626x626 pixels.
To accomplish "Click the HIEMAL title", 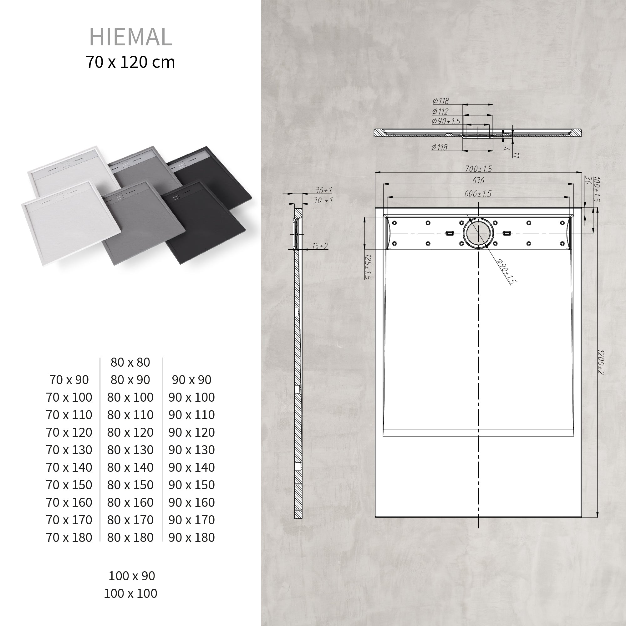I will click(130, 37).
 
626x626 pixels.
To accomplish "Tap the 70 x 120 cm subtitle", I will click(130, 62).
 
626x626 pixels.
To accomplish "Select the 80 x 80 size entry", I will click(130, 362).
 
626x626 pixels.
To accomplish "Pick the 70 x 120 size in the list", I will click(69, 432).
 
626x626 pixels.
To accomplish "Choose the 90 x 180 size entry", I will click(191, 537).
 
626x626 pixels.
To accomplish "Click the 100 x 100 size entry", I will click(130, 593).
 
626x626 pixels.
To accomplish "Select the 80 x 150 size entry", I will click(130, 485).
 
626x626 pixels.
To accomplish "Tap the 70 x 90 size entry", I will click(69, 380).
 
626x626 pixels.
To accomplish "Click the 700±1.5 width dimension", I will click(478, 169).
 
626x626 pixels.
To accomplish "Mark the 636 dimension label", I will click(478, 181).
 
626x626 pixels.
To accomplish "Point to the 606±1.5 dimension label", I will click(478, 193).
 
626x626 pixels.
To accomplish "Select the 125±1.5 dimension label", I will click(368, 266).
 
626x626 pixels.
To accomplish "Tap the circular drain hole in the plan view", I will click(478, 233).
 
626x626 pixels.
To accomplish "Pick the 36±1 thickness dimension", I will click(323, 190).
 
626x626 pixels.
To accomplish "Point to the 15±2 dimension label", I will click(320, 246).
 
